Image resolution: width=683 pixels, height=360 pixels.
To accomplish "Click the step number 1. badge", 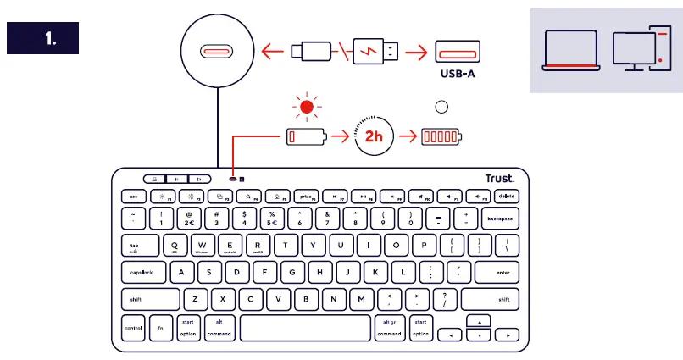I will (x=42, y=38).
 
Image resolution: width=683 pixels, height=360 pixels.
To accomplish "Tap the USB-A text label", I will (x=458, y=74).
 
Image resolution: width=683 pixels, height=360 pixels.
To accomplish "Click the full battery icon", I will (x=441, y=136).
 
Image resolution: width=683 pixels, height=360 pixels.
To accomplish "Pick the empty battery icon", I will (x=305, y=136).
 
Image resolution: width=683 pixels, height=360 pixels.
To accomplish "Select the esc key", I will (x=133, y=196).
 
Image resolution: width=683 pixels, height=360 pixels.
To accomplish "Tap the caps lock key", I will (x=142, y=273).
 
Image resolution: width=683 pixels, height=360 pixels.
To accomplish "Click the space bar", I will (x=305, y=328).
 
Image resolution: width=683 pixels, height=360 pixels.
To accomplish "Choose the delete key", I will (x=507, y=196).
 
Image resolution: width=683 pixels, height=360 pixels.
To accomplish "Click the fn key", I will (x=160, y=328).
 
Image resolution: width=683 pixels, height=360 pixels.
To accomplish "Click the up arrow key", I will (x=480, y=322).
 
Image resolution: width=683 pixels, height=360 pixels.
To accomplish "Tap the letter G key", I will (x=292, y=273).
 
